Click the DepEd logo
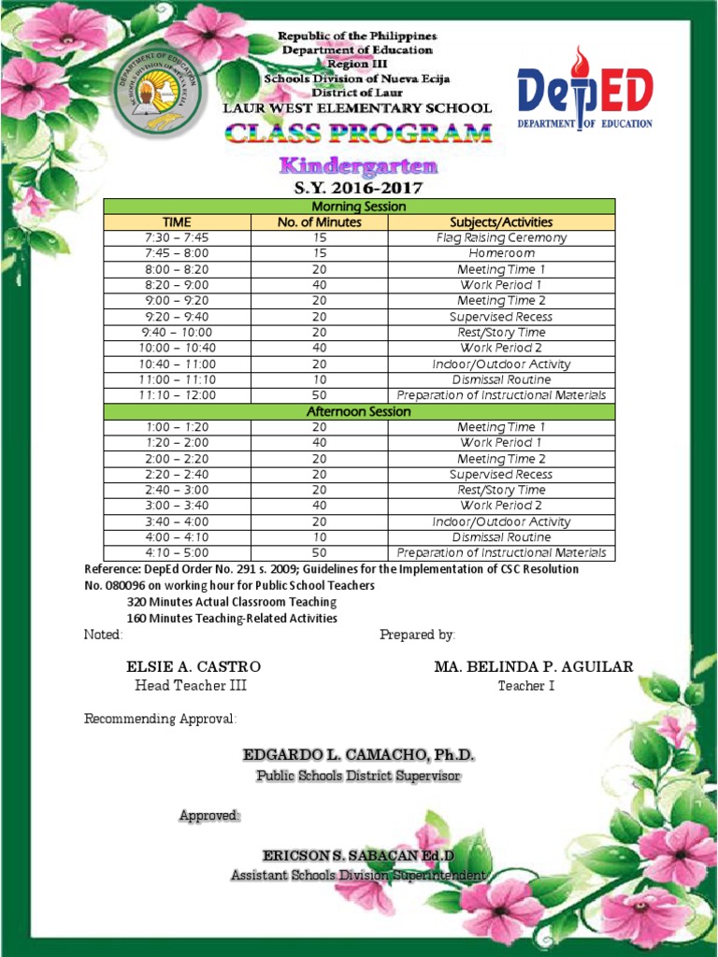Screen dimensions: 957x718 (x=585, y=90)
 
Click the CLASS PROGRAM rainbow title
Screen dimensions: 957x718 (x=359, y=134)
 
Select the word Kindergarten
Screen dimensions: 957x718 (x=359, y=166)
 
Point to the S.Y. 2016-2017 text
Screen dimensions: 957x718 (x=359, y=188)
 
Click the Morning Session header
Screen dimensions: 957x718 (x=358, y=207)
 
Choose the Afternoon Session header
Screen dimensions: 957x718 (x=358, y=411)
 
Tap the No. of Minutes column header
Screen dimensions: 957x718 (x=319, y=222)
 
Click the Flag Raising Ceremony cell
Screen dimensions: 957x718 (x=501, y=238)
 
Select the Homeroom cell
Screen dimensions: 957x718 (x=501, y=253)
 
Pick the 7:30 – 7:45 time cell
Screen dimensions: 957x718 (x=177, y=238)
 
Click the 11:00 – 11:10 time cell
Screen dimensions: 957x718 (x=177, y=379)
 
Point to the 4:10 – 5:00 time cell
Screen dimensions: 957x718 (x=177, y=552)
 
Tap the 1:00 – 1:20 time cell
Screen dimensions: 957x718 (x=177, y=427)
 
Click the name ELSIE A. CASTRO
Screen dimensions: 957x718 (x=194, y=666)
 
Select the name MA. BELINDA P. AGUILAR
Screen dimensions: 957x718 (x=533, y=666)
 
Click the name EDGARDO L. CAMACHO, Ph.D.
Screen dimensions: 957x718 (x=359, y=754)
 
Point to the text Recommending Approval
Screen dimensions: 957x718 (x=160, y=719)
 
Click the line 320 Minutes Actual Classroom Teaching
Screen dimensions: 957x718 (x=232, y=602)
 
